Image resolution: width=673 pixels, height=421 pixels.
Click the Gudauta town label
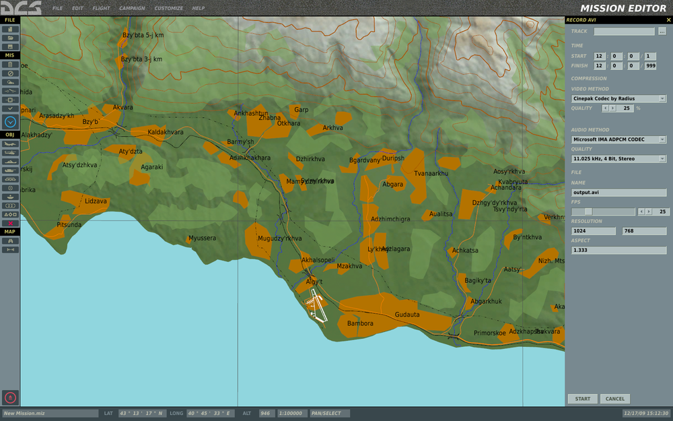pyautogui.click(x=407, y=315)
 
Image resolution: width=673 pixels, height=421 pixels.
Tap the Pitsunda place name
pyautogui.click(x=69, y=224)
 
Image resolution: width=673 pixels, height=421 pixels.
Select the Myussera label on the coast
pyautogui.click(x=202, y=238)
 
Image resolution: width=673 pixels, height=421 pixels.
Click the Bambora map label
pyautogui.click(x=360, y=323)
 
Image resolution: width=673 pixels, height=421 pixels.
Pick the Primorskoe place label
pyautogui.click(x=490, y=333)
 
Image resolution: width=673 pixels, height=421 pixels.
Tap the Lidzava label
pyautogui.click(x=96, y=201)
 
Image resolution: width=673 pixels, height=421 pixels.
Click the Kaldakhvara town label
pyautogui.click(x=166, y=132)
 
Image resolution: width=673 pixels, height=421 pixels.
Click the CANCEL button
pyautogui.click(x=615, y=399)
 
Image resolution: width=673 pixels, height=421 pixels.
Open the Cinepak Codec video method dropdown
pyautogui.click(x=618, y=98)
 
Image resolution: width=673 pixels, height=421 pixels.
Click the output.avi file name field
pyautogui.click(x=618, y=193)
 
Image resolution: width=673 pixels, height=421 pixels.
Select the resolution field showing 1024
pyautogui.click(x=593, y=231)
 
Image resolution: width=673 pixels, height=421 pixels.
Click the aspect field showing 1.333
pyautogui.click(x=618, y=250)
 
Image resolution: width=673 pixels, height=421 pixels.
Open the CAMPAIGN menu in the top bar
pyautogui.click(x=132, y=8)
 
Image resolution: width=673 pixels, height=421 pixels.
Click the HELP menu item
pyautogui.click(x=199, y=8)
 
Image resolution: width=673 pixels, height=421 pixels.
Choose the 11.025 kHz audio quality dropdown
pyautogui.click(x=618, y=159)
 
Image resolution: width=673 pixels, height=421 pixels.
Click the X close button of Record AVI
pyautogui.click(x=668, y=20)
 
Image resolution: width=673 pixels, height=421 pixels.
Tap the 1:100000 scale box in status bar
pyautogui.click(x=291, y=413)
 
